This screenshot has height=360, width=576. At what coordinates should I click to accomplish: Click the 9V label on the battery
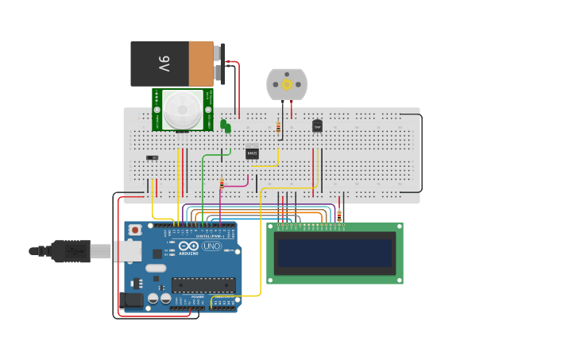tap(164, 64)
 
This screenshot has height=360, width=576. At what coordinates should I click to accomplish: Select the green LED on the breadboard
tap(225, 125)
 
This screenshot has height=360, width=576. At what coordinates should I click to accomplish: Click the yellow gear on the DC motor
tap(287, 84)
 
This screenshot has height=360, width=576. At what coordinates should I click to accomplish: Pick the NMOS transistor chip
tap(252, 153)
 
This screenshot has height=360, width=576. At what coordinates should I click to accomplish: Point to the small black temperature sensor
tap(317, 126)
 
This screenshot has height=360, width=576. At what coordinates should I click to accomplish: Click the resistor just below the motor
tap(277, 126)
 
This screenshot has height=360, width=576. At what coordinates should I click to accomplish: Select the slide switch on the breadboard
tap(153, 157)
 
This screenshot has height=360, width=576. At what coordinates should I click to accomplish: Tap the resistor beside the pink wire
tap(222, 184)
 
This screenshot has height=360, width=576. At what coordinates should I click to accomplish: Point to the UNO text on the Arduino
tap(212, 246)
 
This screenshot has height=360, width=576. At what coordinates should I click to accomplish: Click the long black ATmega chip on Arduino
tap(203, 285)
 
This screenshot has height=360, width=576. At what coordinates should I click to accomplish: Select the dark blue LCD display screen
tap(334, 254)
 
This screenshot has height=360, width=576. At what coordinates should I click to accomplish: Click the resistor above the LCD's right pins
tap(339, 215)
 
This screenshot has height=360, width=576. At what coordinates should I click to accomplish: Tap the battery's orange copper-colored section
tap(202, 64)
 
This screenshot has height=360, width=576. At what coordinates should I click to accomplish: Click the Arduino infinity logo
tap(188, 247)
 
